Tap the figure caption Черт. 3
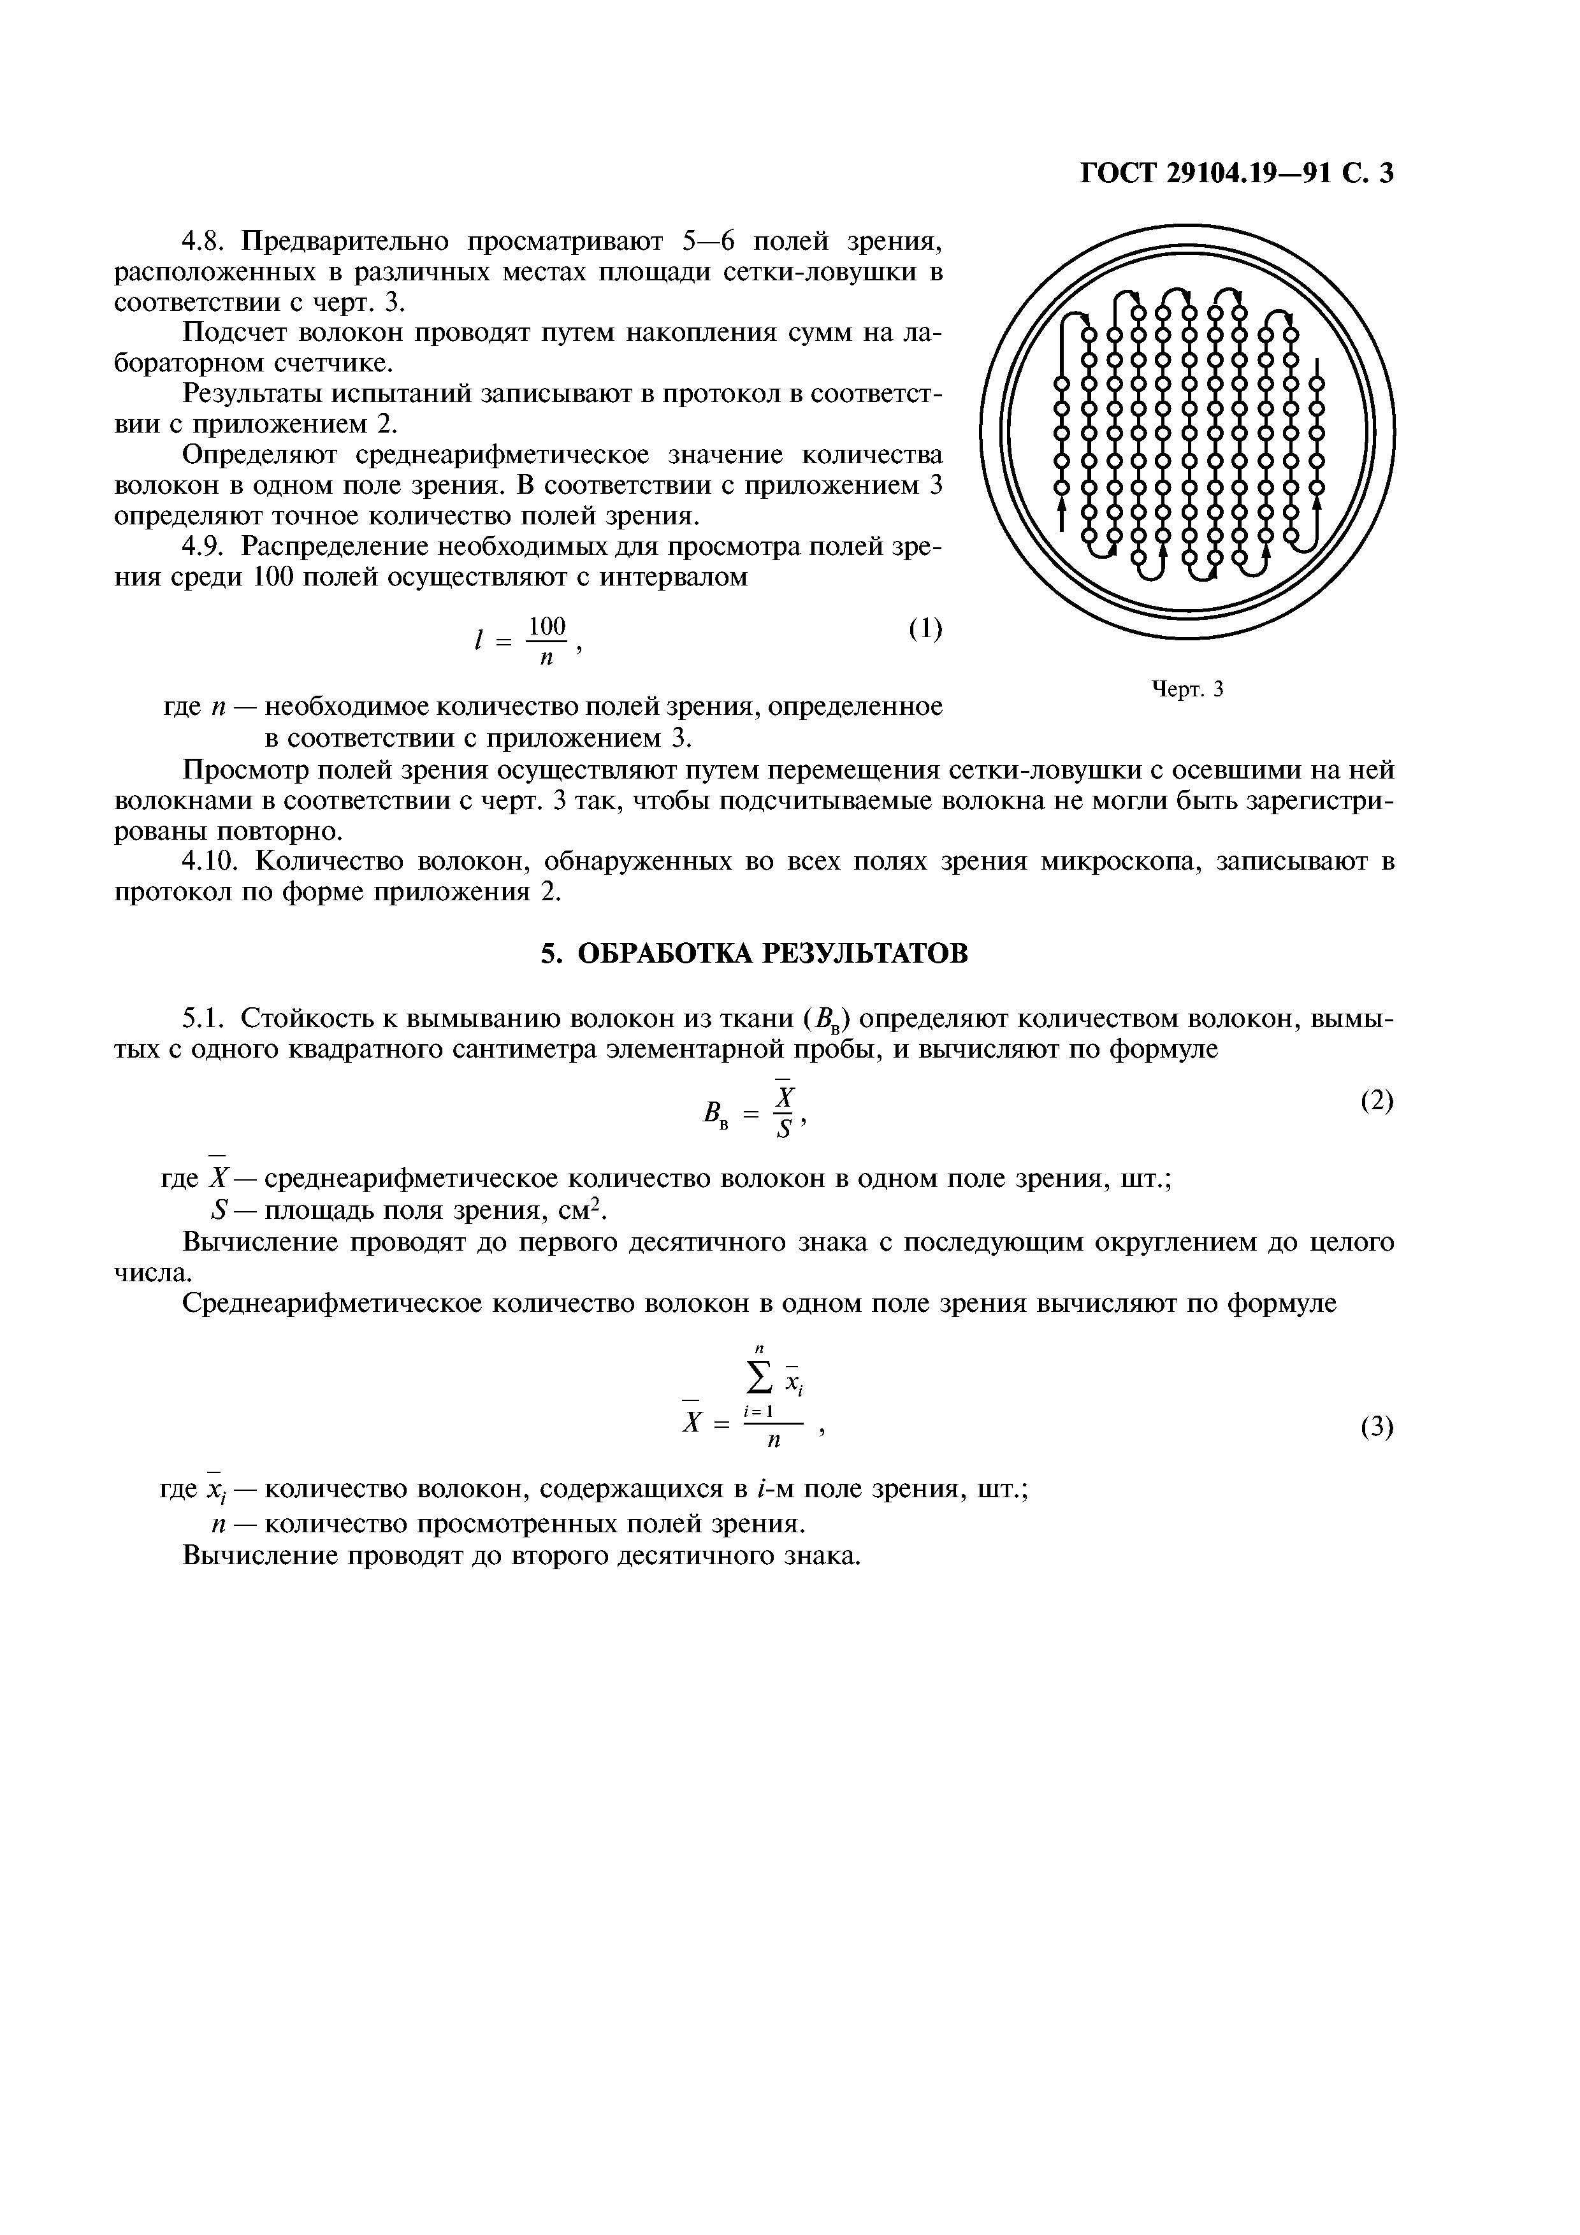click(1187, 689)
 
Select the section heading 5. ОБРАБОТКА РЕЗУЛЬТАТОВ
click(755, 953)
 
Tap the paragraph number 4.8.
click(205, 240)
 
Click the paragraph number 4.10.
click(214, 861)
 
